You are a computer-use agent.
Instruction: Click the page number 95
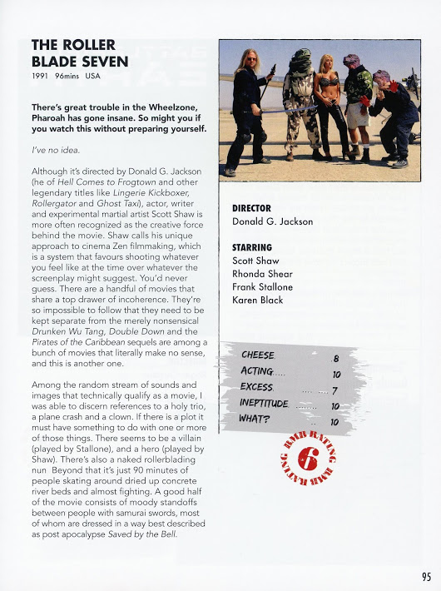click(x=425, y=574)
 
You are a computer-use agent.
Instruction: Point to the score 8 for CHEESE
click(x=335, y=358)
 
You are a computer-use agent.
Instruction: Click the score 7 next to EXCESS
click(x=334, y=390)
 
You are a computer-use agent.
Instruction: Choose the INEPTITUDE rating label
click(x=264, y=404)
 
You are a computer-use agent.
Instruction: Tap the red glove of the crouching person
click(x=364, y=100)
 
